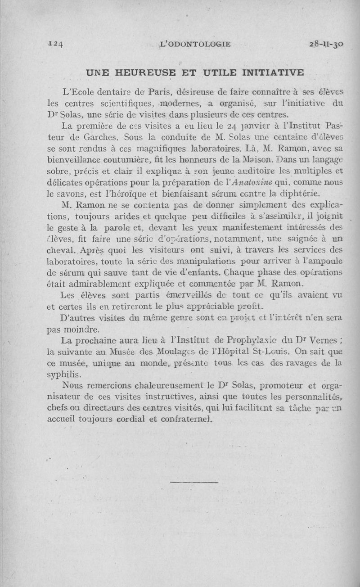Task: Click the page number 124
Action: point(56,44)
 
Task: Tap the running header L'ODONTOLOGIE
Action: point(195,44)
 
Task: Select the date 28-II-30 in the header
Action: point(326,44)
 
